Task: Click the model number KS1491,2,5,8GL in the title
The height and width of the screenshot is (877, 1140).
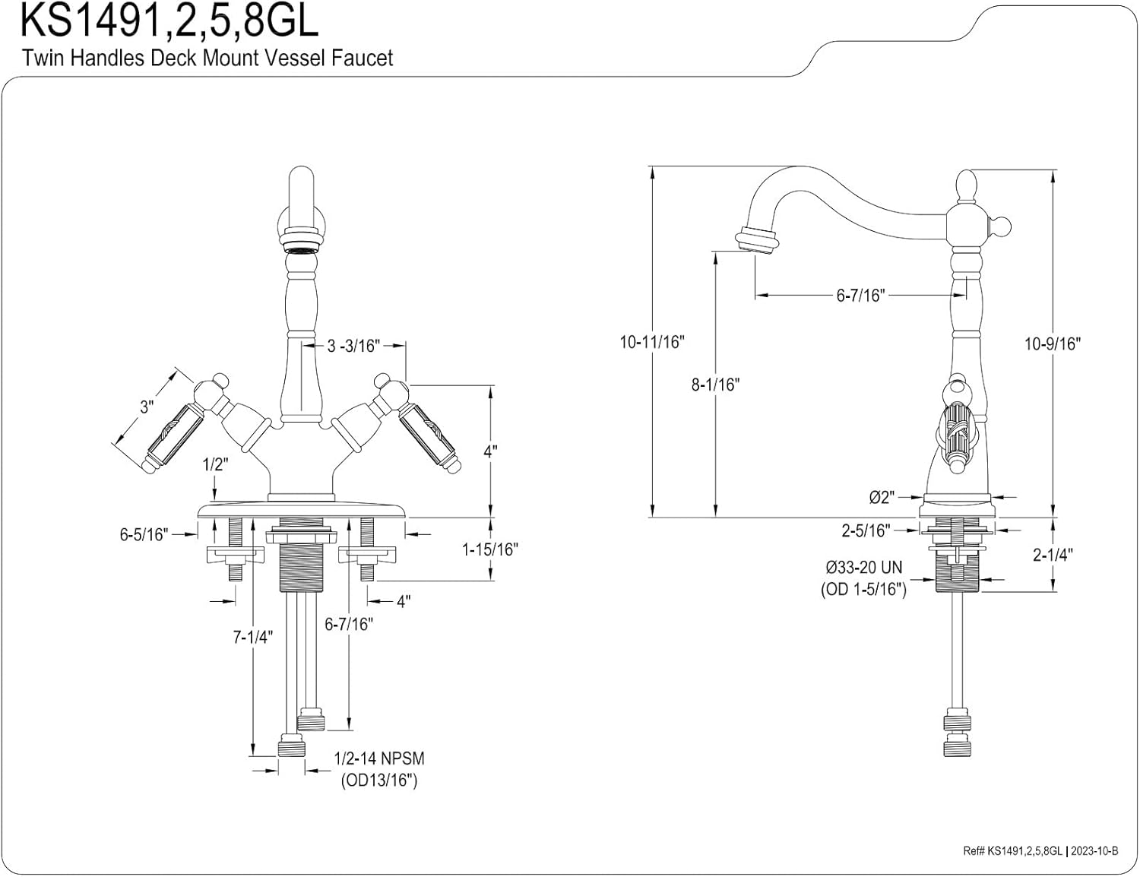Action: point(169,21)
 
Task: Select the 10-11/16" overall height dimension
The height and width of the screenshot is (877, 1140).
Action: point(651,342)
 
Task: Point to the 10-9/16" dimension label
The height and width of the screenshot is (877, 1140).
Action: point(1052,344)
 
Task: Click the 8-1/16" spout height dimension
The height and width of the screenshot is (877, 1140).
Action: point(714,385)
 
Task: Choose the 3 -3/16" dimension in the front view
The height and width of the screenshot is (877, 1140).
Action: point(353,346)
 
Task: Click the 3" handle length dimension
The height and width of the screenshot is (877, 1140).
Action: point(147,407)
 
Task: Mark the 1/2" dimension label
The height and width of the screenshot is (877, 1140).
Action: point(215,465)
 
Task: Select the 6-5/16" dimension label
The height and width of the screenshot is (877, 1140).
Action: point(143,534)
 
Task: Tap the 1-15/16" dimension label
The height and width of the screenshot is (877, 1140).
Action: point(490,549)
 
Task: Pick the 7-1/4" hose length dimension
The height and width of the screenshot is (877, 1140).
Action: point(252,637)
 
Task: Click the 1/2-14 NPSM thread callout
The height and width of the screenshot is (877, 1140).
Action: point(379,758)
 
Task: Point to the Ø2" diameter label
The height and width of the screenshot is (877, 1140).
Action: point(881,498)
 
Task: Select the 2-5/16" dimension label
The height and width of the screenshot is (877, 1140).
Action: point(865,530)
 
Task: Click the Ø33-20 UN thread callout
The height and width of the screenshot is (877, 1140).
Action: point(863,568)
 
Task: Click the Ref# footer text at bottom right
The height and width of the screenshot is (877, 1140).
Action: point(1040,851)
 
